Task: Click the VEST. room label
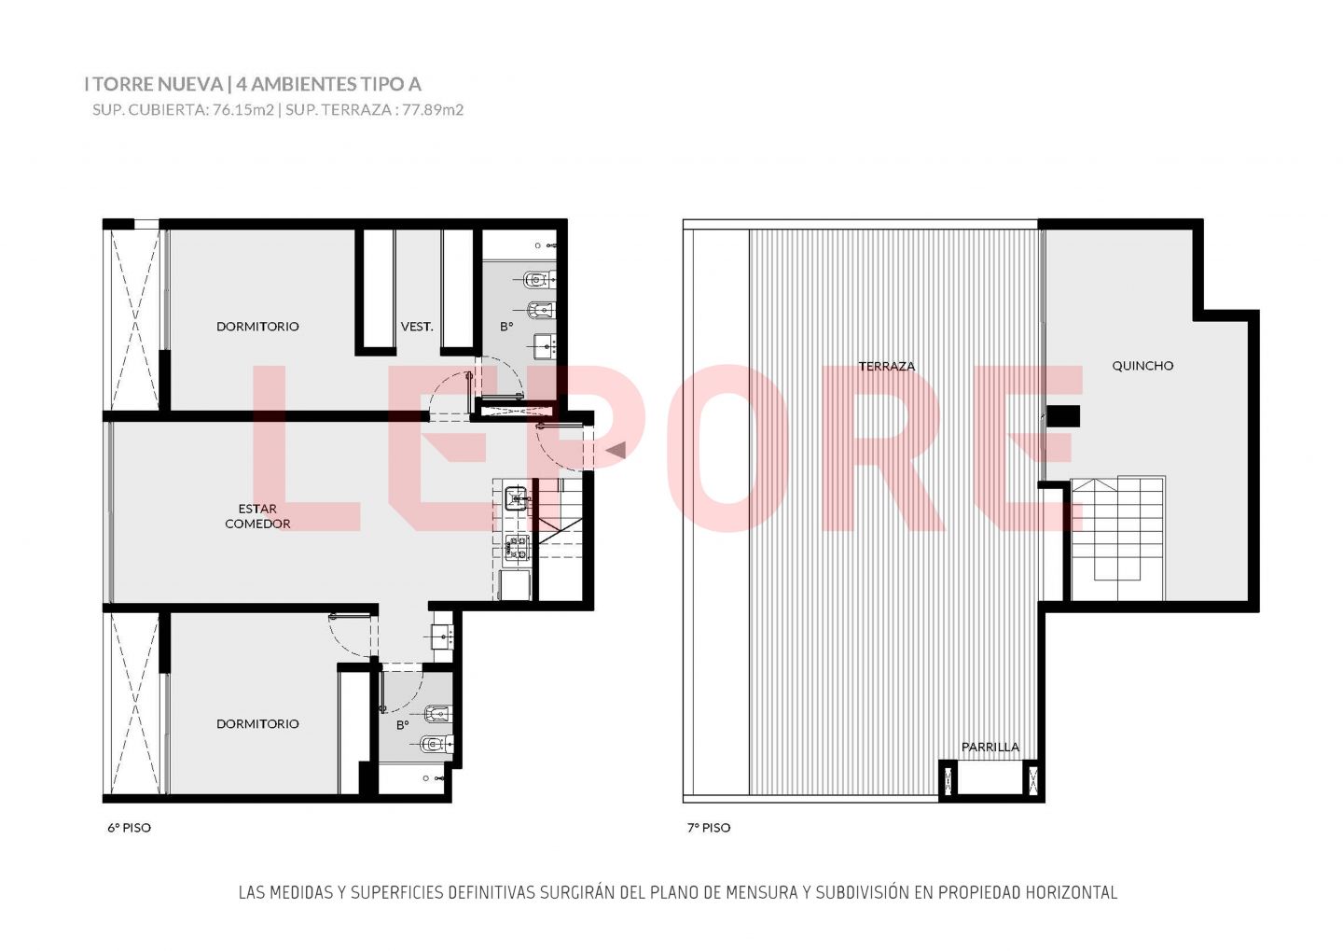click(417, 327)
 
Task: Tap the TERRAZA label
click(887, 366)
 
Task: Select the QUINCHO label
click(1142, 366)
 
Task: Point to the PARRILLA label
click(990, 747)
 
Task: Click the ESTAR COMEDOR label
click(257, 516)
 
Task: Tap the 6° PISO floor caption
click(129, 828)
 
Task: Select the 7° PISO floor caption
click(709, 828)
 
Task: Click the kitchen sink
click(517, 498)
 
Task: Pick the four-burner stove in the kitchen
click(517, 547)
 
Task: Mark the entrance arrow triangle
click(617, 450)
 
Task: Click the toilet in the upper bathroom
click(539, 279)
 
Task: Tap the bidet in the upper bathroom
click(541, 310)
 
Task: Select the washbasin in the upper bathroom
click(545, 346)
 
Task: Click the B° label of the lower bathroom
click(402, 725)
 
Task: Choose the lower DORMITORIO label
click(257, 723)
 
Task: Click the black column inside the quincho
click(1063, 416)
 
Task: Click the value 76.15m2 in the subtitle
click(243, 110)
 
